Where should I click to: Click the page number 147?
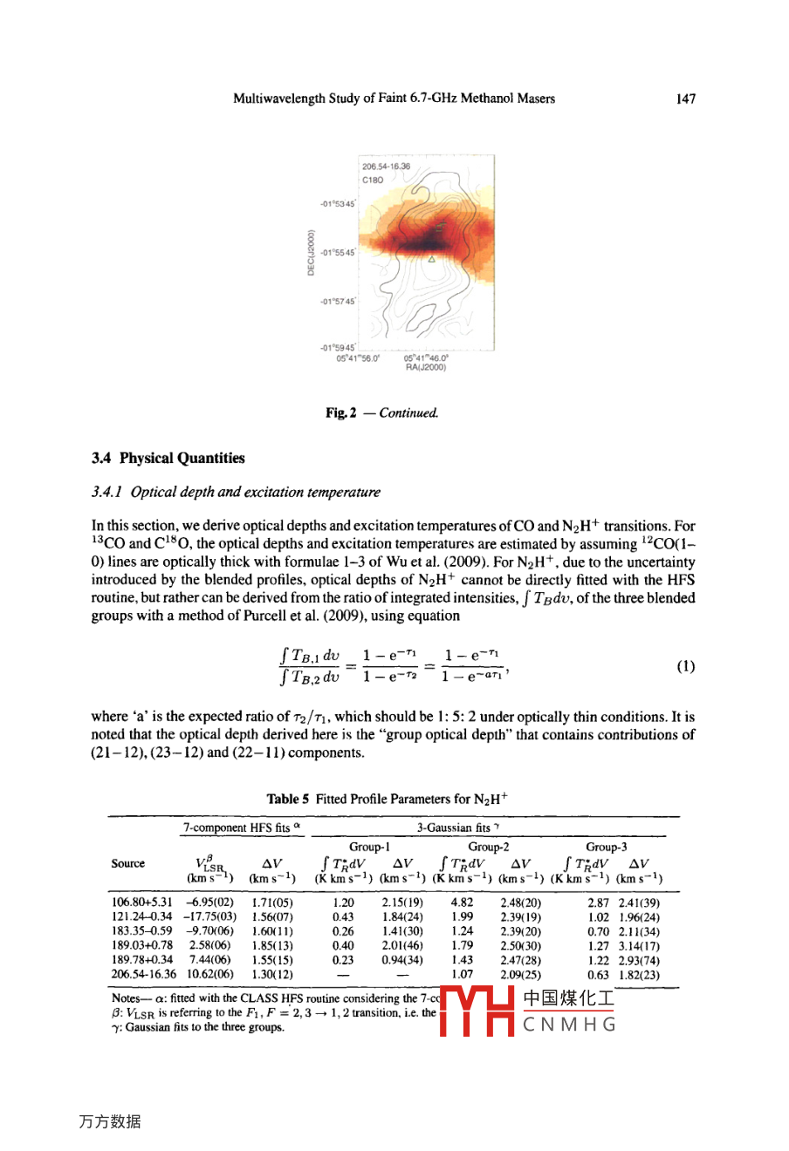pyautogui.click(x=686, y=99)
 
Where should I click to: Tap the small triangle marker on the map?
pyautogui.click(x=431, y=259)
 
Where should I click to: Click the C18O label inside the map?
pyautogui.click(x=373, y=180)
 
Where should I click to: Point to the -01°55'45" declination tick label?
pyautogui.click(x=338, y=253)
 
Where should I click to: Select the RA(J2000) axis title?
pyautogui.click(x=426, y=367)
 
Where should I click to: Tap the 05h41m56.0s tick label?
pyautogui.click(x=358, y=358)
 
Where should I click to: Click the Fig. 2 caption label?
pyautogui.click(x=340, y=412)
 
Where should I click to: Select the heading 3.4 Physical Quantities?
pyautogui.click(x=168, y=458)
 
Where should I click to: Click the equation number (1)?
pyautogui.click(x=686, y=666)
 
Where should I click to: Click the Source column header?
pyautogui.click(x=128, y=863)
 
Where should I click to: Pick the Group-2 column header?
pyautogui.click(x=489, y=847)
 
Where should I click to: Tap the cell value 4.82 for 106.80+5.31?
pyautogui.click(x=462, y=902)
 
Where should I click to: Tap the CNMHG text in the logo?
pyautogui.click(x=569, y=1025)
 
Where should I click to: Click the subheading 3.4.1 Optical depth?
pyautogui.click(x=236, y=492)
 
